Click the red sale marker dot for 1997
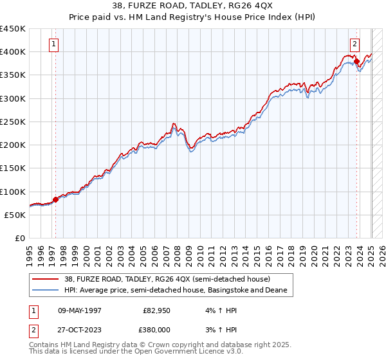(x=55, y=199)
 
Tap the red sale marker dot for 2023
(x=356, y=61)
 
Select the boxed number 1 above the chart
(x=53, y=44)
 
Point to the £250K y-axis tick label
(x=12, y=122)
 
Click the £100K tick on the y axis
(x=12, y=192)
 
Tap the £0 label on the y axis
(x=19, y=238)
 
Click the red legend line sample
(x=46, y=279)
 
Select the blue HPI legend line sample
(x=46, y=291)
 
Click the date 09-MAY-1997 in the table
(x=80, y=310)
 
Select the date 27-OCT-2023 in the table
(x=80, y=330)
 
